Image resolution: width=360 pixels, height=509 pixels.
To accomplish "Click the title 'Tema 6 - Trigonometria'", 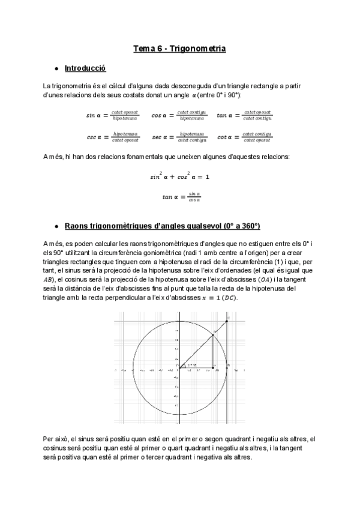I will [x=179, y=48].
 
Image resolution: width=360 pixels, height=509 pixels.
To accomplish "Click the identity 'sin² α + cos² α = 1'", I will [x=179, y=177].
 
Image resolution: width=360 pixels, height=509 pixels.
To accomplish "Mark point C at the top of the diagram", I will [x=227, y=321].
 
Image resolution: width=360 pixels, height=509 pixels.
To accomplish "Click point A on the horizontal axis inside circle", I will [x=214, y=367].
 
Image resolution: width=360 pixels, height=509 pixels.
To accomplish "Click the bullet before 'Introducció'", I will [x=56, y=69].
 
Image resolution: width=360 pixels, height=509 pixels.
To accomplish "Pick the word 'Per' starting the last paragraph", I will [x=49, y=439].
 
